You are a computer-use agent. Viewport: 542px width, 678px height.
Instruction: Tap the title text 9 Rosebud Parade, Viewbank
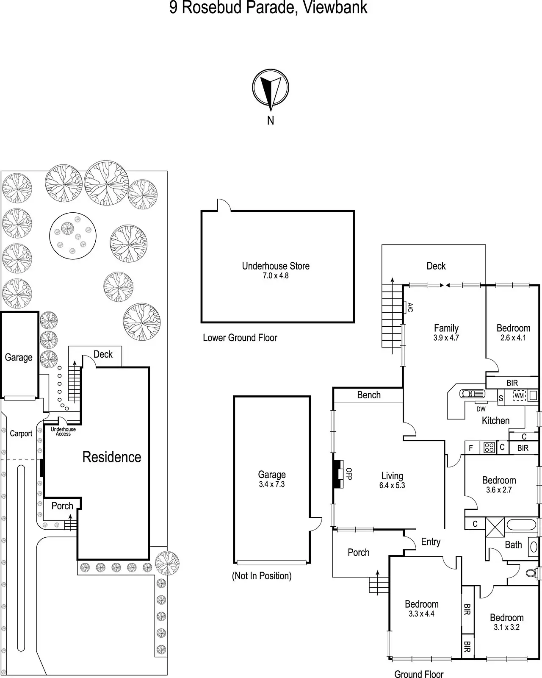click(x=268, y=8)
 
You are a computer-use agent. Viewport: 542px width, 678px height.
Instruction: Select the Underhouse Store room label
click(x=276, y=266)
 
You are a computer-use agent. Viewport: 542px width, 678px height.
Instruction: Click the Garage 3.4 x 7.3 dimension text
click(x=272, y=484)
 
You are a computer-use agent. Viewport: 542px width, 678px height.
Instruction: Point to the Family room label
click(x=446, y=328)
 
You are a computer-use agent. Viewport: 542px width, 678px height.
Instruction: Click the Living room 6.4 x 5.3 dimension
click(x=392, y=486)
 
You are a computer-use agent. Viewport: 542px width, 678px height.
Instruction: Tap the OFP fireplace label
click(x=349, y=474)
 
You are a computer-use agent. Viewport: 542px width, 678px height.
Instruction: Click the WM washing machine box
click(x=519, y=396)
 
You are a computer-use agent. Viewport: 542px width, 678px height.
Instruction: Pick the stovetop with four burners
click(x=489, y=447)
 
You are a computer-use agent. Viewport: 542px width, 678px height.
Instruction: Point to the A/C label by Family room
click(x=409, y=307)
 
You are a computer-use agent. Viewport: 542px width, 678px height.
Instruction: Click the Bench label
click(x=369, y=395)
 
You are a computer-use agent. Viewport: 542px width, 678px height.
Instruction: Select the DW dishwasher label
click(x=481, y=409)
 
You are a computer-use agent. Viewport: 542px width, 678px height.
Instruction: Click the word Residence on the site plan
click(x=112, y=457)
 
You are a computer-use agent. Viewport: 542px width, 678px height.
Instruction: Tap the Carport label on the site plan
click(x=21, y=433)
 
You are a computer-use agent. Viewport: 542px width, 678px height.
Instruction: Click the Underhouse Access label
click(x=63, y=431)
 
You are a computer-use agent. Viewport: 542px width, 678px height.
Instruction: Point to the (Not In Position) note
click(x=262, y=576)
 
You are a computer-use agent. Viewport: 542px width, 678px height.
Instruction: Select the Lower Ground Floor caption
click(x=240, y=338)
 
